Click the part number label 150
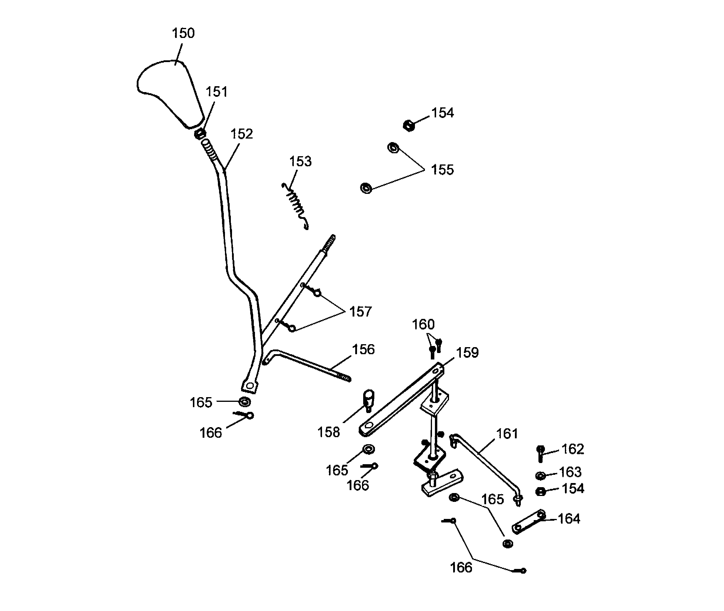point(183,33)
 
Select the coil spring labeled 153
point(296,204)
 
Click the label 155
point(442,170)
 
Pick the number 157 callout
point(360,312)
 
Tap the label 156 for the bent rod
point(363,349)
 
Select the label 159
point(467,353)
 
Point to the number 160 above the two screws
point(423,324)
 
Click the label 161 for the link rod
point(507,434)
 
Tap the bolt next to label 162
point(540,453)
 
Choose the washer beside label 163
point(540,476)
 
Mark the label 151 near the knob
point(216,92)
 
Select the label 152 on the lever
point(241,134)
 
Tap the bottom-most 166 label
point(461,568)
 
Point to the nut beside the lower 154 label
point(540,492)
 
